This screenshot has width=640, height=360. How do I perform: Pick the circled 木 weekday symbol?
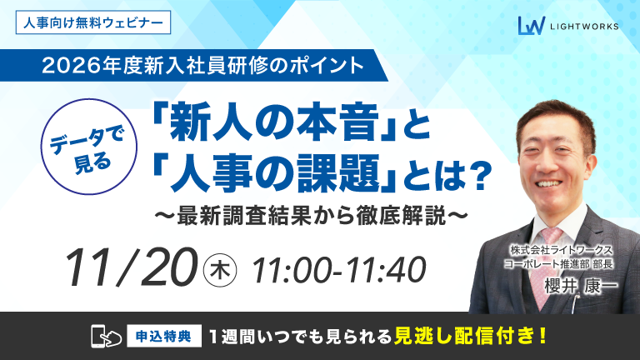(221, 268)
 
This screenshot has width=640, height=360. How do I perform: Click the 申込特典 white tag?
(162, 337)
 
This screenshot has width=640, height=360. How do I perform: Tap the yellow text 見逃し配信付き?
(472, 337)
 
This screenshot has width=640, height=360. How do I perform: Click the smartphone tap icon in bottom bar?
(101, 337)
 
